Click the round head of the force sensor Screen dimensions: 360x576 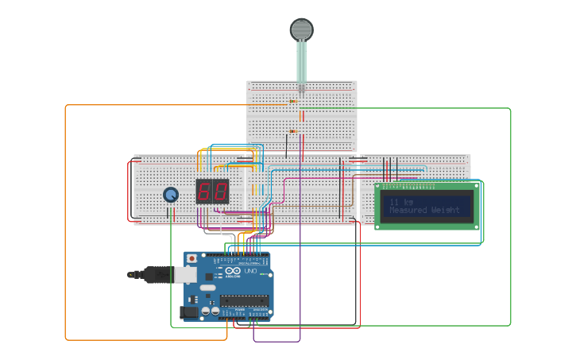pyautogui.click(x=301, y=29)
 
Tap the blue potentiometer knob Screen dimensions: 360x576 pyautogui.click(x=171, y=195)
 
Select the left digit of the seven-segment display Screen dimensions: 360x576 pyautogui.click(x=204, y=192)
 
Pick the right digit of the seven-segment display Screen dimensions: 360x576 pyautogui.click(x=220, y=192)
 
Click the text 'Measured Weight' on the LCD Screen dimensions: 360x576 pyautogui.click(x=424, y=211)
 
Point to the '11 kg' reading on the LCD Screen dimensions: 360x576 pyautogui.click(x=401, y=202)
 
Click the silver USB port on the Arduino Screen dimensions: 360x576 pyautogui.click(x=184, y=274)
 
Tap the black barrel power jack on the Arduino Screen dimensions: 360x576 pyautogui.click(x=189, y=312)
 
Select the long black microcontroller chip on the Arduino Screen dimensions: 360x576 pyautogui.click(x=244, y=300)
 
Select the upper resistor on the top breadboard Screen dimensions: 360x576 pyautogui.click(x=292, y=102)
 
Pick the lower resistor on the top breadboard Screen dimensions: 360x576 pyautogui.click(x=292, y=131)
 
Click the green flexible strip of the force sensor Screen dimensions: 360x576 pyautogui.click(x=301, y=60)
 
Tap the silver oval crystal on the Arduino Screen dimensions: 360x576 pyautogui.click(x=207, y=288)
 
